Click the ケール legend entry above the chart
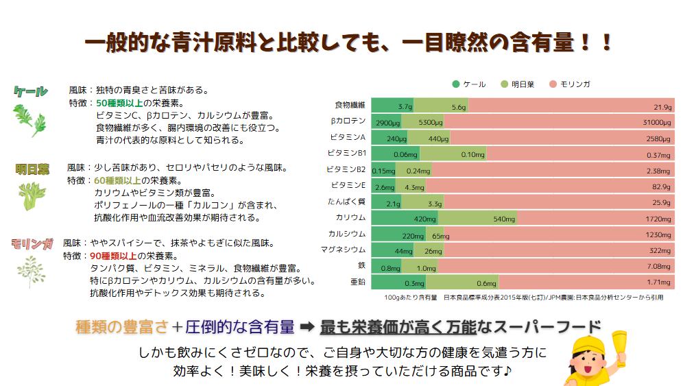click(469, 84)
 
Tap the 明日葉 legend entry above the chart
click(520, 84)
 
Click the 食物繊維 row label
click(350, 106)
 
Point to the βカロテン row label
click(348, 121)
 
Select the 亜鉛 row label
click(357, 282)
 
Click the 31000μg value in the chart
click(656, 123)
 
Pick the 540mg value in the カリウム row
click(504, 219)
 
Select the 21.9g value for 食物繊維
click(662, 107)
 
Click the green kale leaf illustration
click(32, 118)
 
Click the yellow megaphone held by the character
click(619, 343)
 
